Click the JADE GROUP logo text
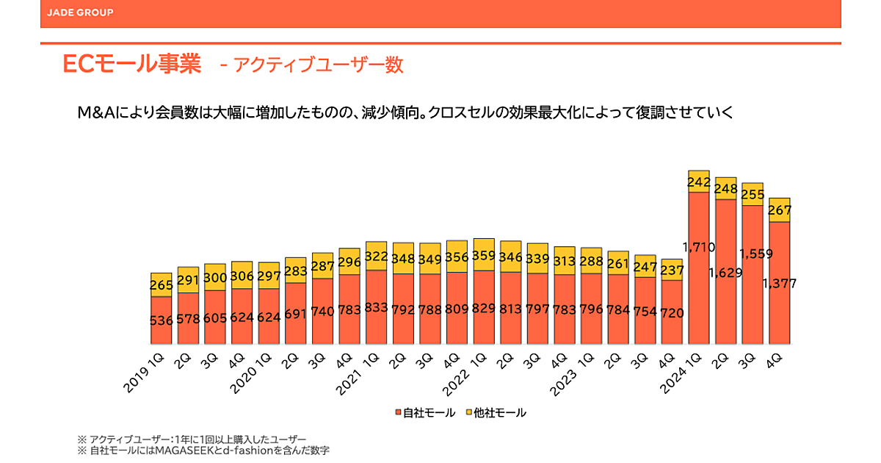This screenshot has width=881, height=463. coord(79,12)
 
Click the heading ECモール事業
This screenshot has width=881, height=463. coord(132,65)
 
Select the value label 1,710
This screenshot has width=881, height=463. coord(698,247)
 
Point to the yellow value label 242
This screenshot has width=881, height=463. coord(698,182)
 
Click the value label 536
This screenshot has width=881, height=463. coord(162,320)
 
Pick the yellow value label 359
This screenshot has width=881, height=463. coord(484,257)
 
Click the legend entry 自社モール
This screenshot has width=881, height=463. coord(425,413)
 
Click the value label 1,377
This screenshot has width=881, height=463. coord(779,284)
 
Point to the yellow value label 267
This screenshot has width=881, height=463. coord(779,210)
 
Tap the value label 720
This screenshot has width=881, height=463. coord(672,313)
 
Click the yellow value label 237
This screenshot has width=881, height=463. coord(672,270)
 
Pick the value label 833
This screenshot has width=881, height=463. coord(377,309)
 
